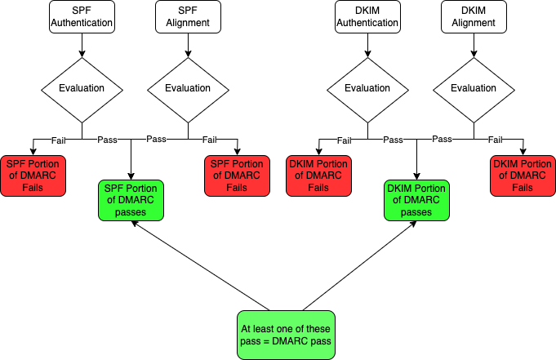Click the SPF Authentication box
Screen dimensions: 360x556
82,17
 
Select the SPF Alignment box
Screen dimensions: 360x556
188,17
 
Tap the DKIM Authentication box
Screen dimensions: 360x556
367,17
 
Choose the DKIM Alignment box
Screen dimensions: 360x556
474,17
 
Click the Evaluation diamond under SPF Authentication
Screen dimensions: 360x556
82,88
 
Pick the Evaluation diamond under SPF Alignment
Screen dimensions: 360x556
188,88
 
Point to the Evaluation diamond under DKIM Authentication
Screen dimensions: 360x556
367,88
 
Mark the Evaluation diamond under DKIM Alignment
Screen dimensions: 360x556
474,88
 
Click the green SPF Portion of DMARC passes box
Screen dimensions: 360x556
131,200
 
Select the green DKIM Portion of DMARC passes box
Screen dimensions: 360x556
417,200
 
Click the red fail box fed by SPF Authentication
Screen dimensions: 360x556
33,176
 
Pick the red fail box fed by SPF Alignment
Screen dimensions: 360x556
237,176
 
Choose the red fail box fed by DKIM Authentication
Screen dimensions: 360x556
318,176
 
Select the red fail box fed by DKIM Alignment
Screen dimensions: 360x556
523,176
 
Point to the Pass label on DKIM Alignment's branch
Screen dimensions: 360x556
442,140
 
